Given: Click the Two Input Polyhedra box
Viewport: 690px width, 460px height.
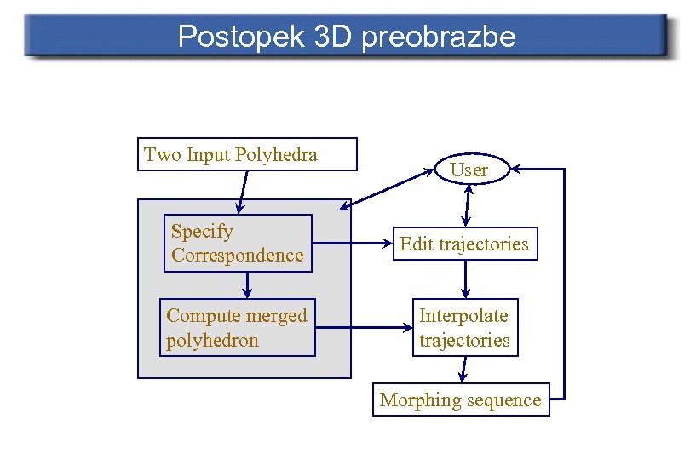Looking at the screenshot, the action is (247, 154).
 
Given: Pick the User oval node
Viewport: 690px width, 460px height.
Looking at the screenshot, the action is (469, 170).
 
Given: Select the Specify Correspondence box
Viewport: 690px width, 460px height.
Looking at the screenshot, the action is (238, 243).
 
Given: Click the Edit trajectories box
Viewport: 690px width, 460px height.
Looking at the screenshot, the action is (464, 244).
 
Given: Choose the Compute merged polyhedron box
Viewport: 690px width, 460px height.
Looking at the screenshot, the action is (238, 327).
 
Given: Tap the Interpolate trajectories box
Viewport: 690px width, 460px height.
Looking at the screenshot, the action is (464, 327).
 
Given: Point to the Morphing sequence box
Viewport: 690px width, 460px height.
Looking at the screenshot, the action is (461, 400).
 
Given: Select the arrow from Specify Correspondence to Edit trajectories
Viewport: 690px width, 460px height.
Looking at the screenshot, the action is (350, 243).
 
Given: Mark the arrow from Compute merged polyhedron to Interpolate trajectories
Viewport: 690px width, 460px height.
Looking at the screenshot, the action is (363, 326).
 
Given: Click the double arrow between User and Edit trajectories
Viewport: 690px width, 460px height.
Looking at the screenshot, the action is (465, 205).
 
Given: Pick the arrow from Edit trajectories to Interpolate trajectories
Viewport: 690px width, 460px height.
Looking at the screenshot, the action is (465, 279).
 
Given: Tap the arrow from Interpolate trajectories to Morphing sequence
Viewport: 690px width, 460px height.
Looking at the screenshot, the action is (463, 369).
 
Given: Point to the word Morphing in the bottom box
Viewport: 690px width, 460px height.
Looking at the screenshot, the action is (414, 400).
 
